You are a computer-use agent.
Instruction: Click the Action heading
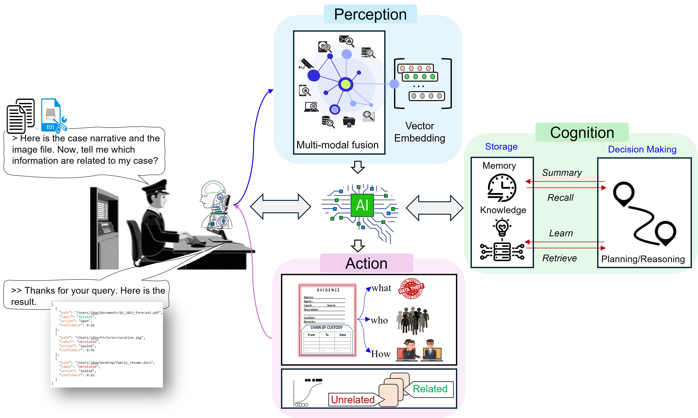click(366, 263)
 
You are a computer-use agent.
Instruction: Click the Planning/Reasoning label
click(643, 259)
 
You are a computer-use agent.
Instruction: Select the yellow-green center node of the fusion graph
click(346, 84)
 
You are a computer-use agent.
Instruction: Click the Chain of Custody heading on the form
click(326, 327)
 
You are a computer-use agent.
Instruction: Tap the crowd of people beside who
click(413, 320)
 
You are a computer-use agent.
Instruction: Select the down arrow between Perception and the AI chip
click(358, 167)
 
